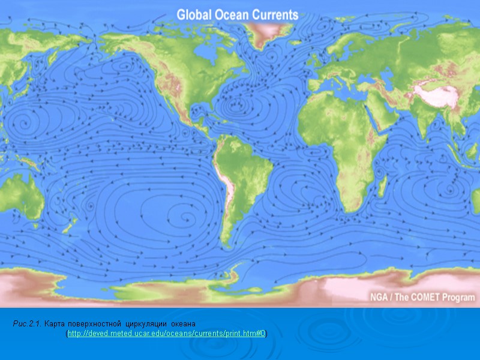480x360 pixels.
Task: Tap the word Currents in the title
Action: click(277, 15)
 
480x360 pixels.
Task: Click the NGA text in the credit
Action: click(379, 297)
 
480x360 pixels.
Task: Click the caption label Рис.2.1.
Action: click(27, 324)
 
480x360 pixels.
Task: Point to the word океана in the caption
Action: click(178, 324)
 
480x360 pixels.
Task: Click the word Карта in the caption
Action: click(56, 324)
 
